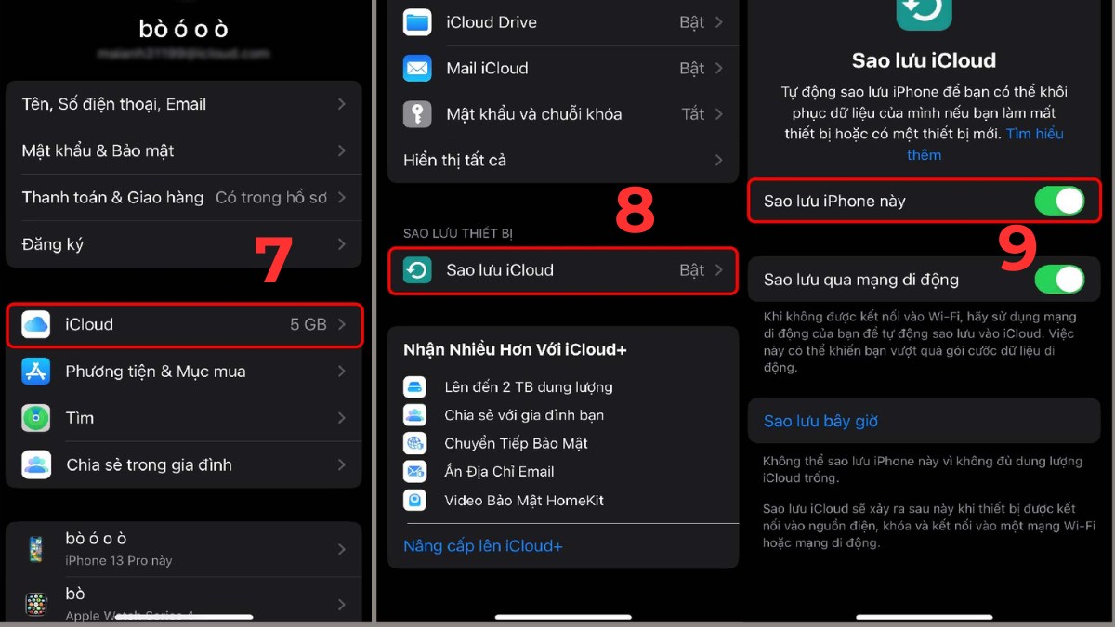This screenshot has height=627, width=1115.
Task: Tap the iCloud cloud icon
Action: (x=36, y=324)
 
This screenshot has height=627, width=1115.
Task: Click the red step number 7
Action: (x=274, y=261)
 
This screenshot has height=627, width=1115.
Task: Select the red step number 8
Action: (x=635, y=211)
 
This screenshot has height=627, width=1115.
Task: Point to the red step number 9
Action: (x=1017, y=249)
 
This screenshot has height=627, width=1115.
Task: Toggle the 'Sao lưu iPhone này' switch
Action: (x=1059, y=201)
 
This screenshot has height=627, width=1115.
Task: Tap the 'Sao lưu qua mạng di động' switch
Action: (x=1059, y=280)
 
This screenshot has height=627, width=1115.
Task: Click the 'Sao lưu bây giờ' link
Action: (x=820, y=421)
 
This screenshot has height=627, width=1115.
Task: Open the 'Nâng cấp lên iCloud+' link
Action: (x=482, y=546)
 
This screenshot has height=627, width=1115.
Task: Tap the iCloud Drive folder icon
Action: (x=417, y=22)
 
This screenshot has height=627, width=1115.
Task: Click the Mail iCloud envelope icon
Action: (x=417, y=68)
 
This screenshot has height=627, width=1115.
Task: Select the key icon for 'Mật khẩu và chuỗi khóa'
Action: (x=417, y=114)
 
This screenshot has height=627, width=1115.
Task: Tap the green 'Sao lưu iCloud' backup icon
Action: (x=417, y=270)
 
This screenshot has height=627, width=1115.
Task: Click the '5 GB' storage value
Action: (x=308, y=324)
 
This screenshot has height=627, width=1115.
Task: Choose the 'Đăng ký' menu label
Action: (x=53, y=244)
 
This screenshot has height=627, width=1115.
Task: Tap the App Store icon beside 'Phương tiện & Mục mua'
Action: (x=36, y=372)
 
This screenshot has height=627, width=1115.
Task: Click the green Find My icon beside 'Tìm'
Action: (x=36, y=418)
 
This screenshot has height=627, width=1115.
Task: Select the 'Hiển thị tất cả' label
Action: (x=454, y=160)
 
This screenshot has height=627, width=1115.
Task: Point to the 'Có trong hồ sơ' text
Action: (x=271, y=197)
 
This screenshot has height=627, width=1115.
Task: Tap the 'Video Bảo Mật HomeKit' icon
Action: (x=414, y=501)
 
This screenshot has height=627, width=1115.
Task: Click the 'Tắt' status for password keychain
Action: (x=692, y=114)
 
